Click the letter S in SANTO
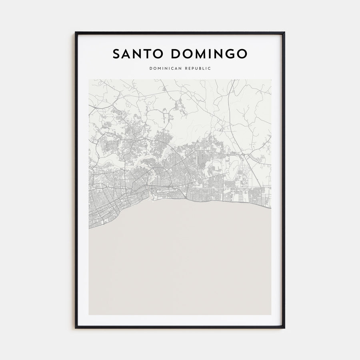pos(116,54)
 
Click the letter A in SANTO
pos(126,54)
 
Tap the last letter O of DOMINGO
pos(242,54)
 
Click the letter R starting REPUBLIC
pos(187,68)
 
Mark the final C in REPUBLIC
pos(210,68)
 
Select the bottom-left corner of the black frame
pos(76,328)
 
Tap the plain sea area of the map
pos(180,264)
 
